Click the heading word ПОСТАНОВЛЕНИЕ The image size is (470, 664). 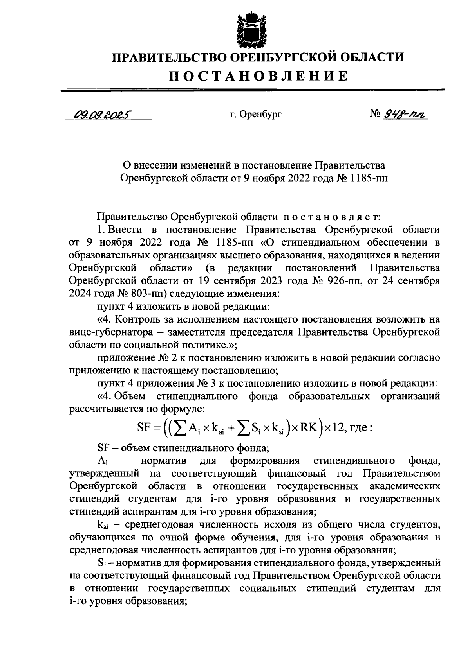(x=258, y=75)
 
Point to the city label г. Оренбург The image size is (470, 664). (x=256, y=115)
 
